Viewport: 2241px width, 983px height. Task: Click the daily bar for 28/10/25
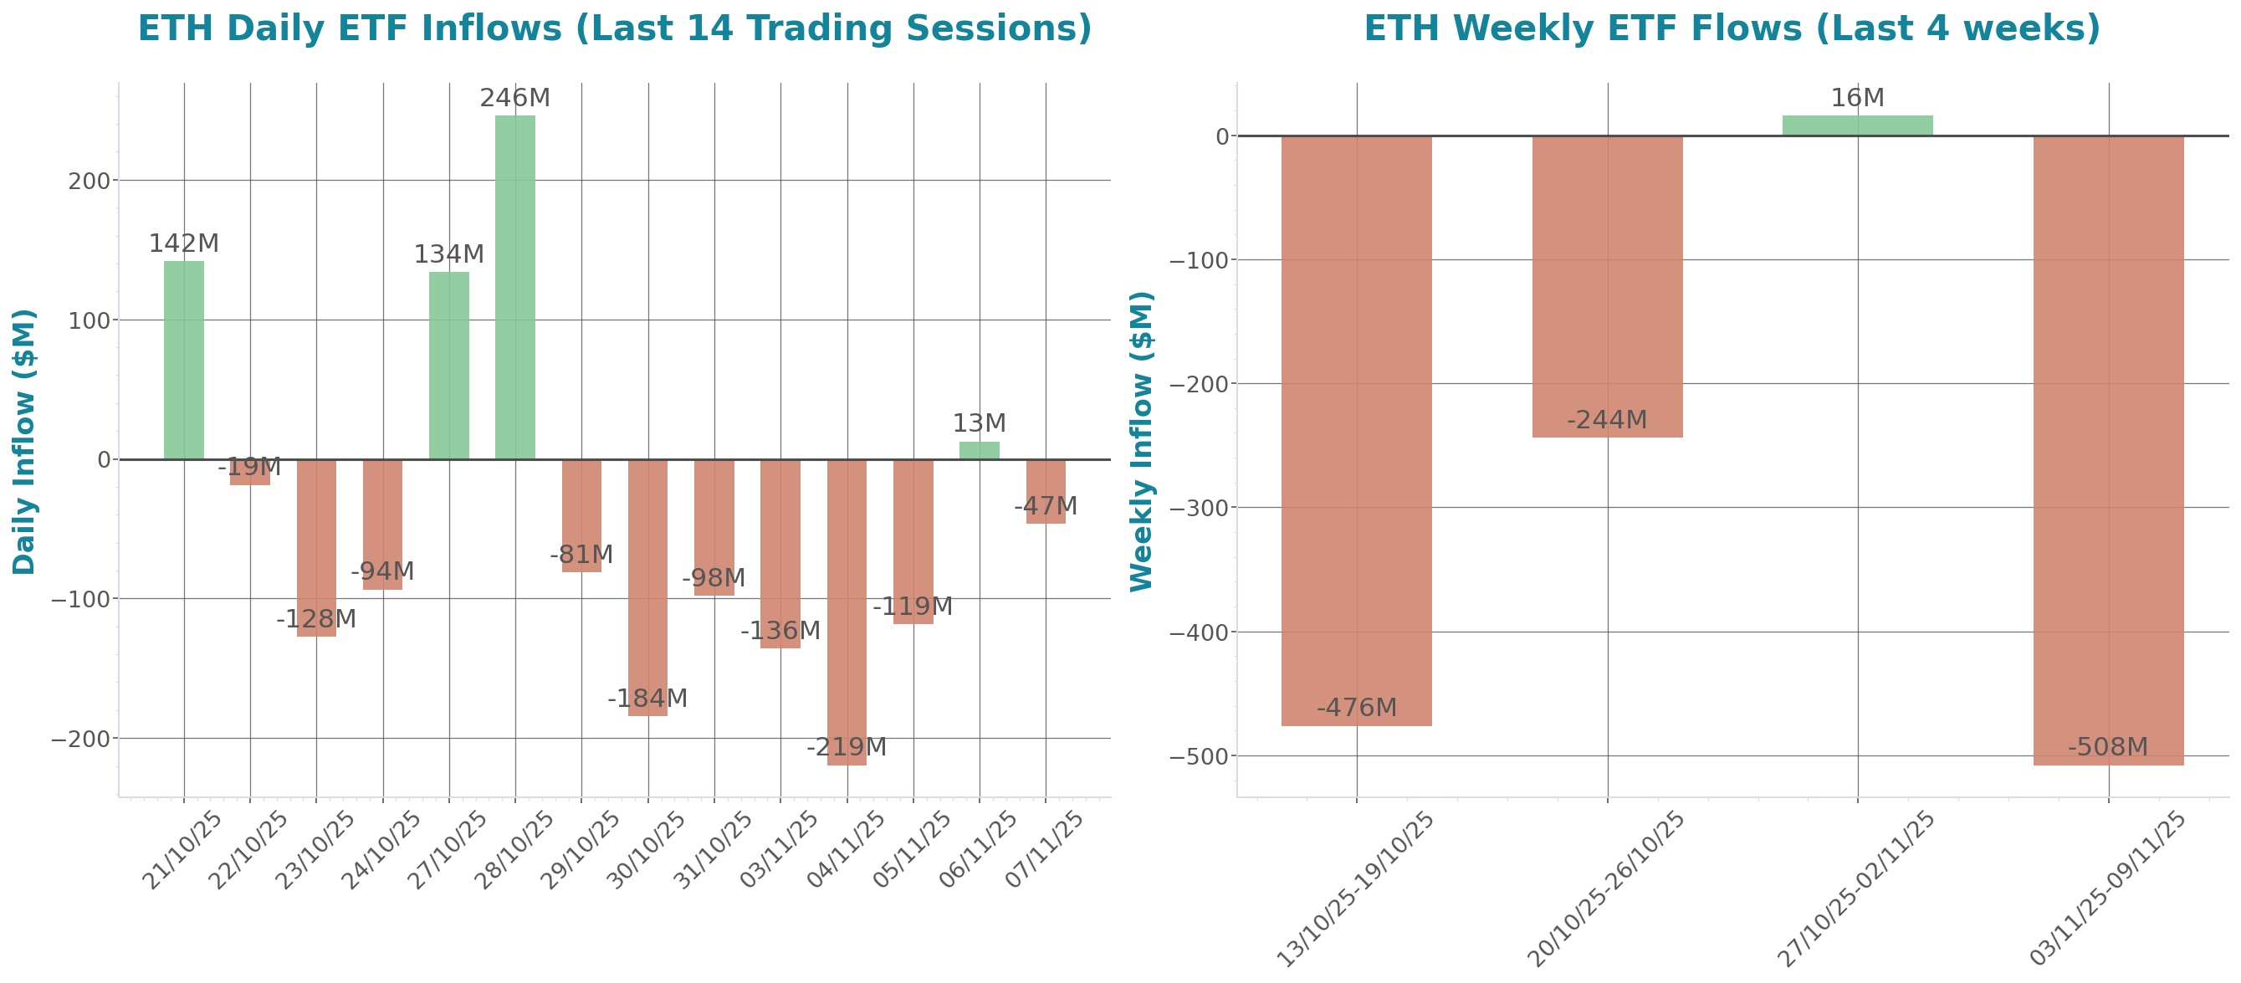(515, 287)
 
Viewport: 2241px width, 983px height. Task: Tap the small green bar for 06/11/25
(980, 450)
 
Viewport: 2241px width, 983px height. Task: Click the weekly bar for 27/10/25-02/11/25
(1857, 125)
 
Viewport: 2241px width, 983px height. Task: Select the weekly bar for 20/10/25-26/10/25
(1607, 286)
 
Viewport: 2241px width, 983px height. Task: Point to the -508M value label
(2107, 746)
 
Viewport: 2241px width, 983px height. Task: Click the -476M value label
(1356, 707)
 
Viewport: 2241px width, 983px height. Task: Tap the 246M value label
(515, 97)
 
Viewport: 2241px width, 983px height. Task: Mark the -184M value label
(647, 698)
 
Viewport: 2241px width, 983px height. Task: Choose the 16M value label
(1857, 97)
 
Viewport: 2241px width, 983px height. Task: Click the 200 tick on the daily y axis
(89, 181)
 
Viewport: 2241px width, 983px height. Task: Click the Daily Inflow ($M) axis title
(23, 441)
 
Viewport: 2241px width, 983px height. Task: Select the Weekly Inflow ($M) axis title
(1140, 441)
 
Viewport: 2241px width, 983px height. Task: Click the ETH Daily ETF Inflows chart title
(614, 28)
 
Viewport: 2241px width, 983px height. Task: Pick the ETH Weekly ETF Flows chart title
(1732, 28)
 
